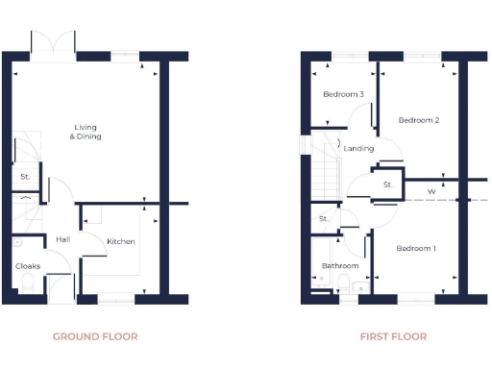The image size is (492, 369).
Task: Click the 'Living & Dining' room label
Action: [86, 132]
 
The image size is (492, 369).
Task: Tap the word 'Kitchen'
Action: [120, 240]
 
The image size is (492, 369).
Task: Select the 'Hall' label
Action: [62, 239]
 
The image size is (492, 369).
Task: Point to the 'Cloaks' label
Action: [27, 266]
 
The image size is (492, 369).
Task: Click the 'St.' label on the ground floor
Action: [25, 177]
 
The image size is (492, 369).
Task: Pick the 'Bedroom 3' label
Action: [343, 94]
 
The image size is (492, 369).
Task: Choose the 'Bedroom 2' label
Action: [419, 120]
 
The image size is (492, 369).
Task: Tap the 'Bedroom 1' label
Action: [416, 249]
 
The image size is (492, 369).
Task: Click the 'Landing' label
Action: [358, 149]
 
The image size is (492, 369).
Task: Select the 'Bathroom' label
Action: [340, 266]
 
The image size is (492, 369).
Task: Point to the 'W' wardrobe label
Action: [431, 191]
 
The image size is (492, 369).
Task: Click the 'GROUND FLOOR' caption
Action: [95, 336]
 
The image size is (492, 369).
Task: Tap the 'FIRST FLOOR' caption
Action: [393, 336]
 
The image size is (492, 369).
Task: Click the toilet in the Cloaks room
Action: [27, 283]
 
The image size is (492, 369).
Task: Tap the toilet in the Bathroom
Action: [361, 285]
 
